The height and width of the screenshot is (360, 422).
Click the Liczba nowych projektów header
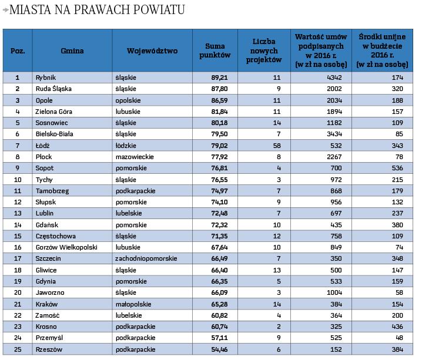click(x=263, y=51)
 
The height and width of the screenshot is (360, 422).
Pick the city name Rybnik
click(x=45, y=78)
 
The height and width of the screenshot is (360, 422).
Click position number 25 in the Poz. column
click(x=18, y=350)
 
